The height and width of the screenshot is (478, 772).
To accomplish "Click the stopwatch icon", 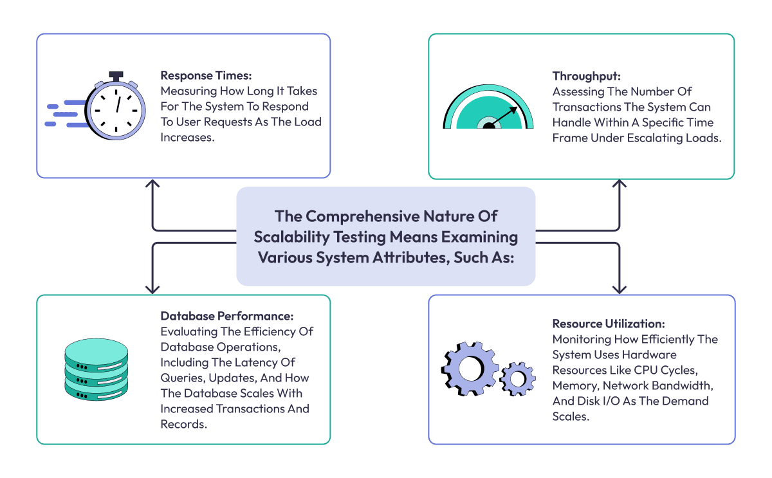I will (116, 108).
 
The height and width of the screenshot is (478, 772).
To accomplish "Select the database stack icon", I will (96, 371).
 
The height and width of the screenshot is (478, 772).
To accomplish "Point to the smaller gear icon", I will (517, 378).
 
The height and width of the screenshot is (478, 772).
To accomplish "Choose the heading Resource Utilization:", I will (609, 324).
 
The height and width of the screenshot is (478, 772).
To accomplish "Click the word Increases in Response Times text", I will (187, 137).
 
